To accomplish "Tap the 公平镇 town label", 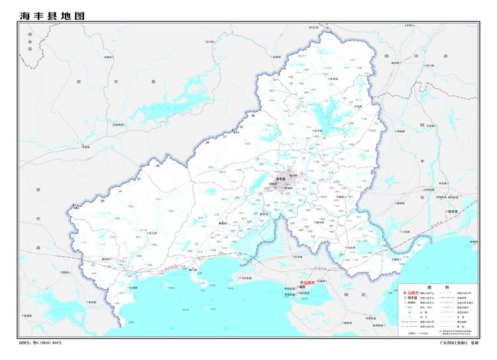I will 319,131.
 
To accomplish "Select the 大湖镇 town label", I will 396,259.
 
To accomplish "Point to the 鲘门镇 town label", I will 193,270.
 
